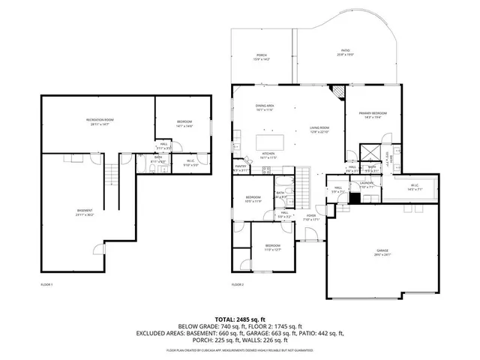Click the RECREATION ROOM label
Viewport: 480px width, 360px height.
(98, 121)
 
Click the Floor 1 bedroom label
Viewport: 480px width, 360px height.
(184, 122)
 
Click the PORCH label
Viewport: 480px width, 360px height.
(262, 55)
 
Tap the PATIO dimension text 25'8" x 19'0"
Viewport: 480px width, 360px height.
(345, 55)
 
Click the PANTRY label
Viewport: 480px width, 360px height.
(241, 166)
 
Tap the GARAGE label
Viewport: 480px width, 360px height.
(383, 250)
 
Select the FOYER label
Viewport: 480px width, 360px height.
(310, 216)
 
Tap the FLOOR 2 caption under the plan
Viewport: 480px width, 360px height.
(238, 285)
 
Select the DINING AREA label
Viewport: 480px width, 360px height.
(265, 106)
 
